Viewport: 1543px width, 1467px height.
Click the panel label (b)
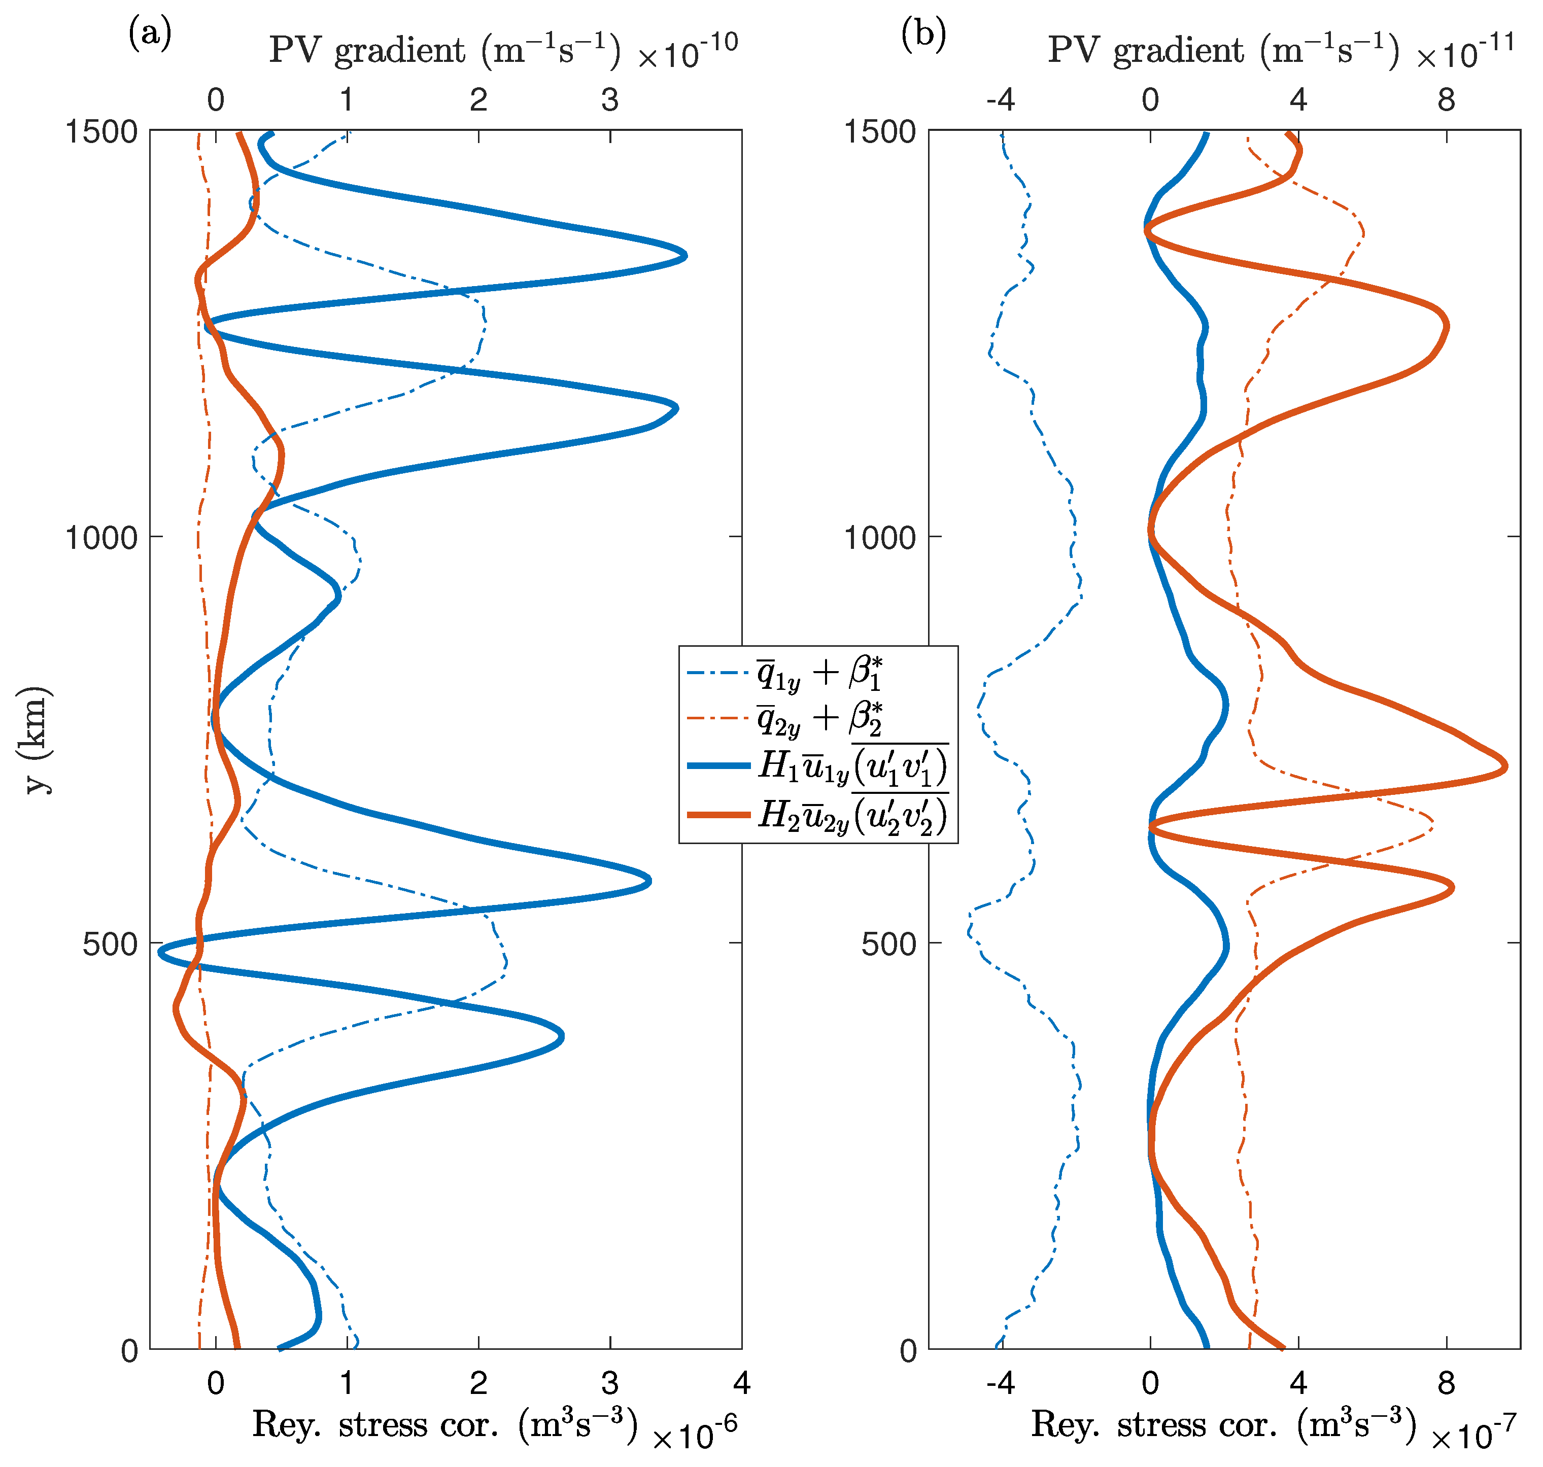923,34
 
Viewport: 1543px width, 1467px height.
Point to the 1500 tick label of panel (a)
100,131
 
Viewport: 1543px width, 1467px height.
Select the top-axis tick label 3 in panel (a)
610,100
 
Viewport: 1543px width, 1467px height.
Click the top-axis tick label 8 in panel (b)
1446,100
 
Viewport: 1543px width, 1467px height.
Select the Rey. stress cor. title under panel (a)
444,1425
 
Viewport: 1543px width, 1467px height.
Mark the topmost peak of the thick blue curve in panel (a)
685,255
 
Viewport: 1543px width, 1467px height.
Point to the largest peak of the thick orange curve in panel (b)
1505,768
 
